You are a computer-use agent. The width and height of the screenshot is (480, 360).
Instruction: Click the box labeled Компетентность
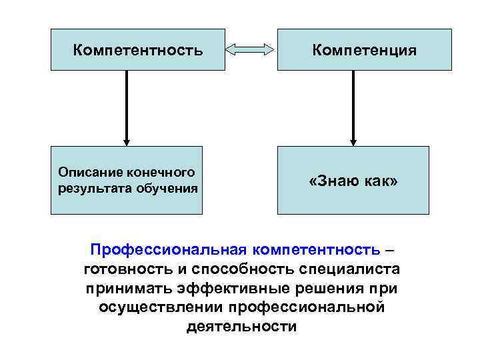coord(126,49)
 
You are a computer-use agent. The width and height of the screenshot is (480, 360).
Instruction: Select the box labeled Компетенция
coord(353,49)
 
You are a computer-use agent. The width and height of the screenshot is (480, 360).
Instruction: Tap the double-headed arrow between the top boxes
coord(249,49)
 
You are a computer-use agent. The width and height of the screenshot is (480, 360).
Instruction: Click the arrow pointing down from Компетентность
coord(126,107)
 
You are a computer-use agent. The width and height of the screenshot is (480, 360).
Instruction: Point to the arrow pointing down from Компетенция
coord(353,107)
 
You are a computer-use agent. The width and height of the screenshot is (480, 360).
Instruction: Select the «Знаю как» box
coord(353,181)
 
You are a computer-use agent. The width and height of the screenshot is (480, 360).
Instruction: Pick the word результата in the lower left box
coord(90,188)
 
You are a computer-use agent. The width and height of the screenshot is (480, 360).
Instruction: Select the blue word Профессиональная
coord(169,249)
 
